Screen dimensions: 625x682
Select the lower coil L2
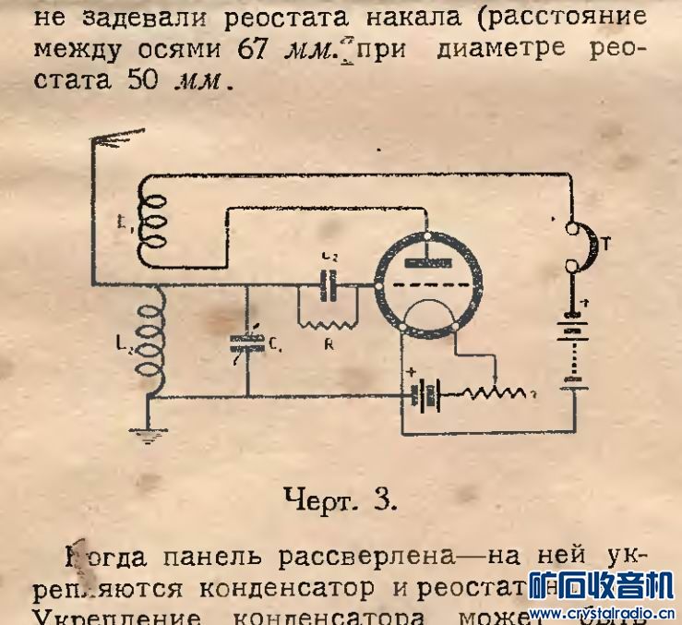click(147, 341)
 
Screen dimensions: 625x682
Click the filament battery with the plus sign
click(427, 395)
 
